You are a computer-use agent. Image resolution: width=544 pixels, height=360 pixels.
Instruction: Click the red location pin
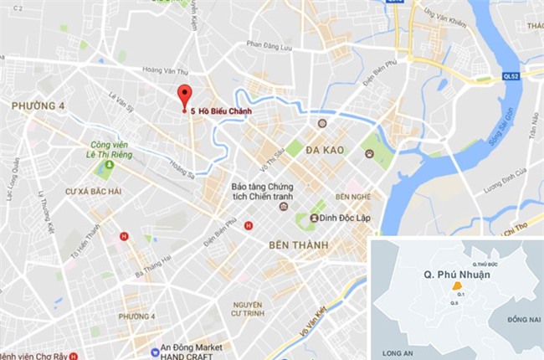tap(184, 95)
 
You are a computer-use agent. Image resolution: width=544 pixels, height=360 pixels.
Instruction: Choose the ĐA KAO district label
tap(326, 149)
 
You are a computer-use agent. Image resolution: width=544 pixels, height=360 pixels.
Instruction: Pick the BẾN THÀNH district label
tap(299, 244)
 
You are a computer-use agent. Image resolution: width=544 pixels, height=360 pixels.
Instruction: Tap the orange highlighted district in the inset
tap(456, 285)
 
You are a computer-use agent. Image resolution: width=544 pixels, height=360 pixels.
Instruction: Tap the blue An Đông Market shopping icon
tap(154, 352)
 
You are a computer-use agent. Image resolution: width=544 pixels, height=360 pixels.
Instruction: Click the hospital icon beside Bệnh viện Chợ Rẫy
tap(74, 354)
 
